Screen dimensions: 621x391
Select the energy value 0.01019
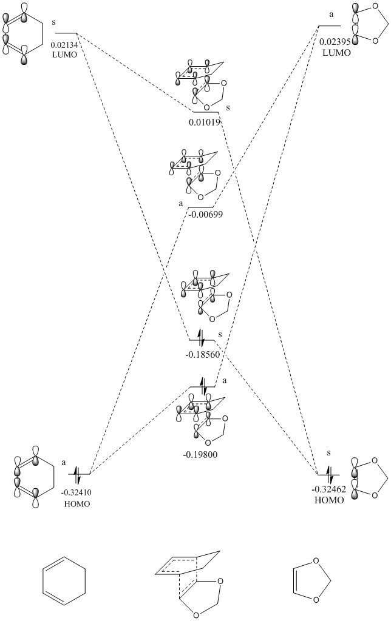pyautogui.click(x=203, y=121)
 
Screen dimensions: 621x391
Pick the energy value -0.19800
pyautogui.click(x=203, y=452)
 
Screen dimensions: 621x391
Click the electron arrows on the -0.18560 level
pyautogui.click(x=202, y=334)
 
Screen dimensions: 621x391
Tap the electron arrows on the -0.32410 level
pyautogui.click(x=78, y=473)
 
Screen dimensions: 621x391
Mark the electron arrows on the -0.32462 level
pyautogui.click(x=328, y=473)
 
